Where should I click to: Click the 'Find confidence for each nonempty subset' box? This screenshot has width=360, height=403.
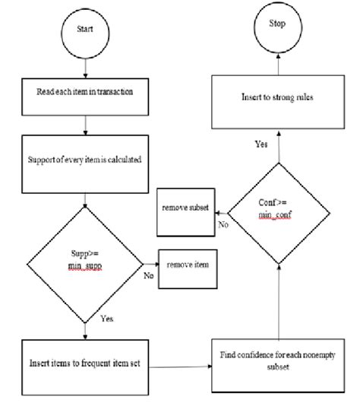point(279,360)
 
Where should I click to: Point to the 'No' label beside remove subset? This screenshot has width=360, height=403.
point(223,225)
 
